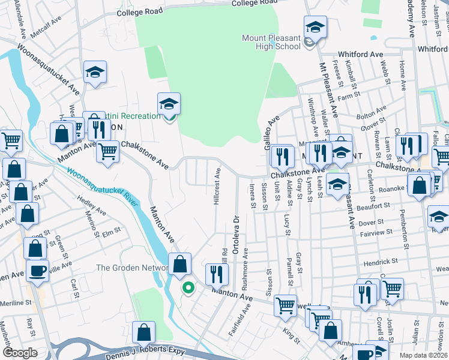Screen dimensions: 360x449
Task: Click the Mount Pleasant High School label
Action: click(x=271, y=42)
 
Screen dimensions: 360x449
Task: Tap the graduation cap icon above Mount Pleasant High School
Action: click(x=315, y=28)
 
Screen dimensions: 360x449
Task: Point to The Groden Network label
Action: click(x=131, y=268)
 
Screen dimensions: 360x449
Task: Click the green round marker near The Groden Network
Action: click(x=188, y=289)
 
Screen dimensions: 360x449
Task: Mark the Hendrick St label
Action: click(x=379, y=263)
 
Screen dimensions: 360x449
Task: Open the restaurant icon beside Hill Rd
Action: click(x=217, y=274)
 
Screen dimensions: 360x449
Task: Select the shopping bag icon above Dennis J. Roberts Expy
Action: click(x=144, y=332)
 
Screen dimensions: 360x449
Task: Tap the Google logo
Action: click(x=20, y=353)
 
